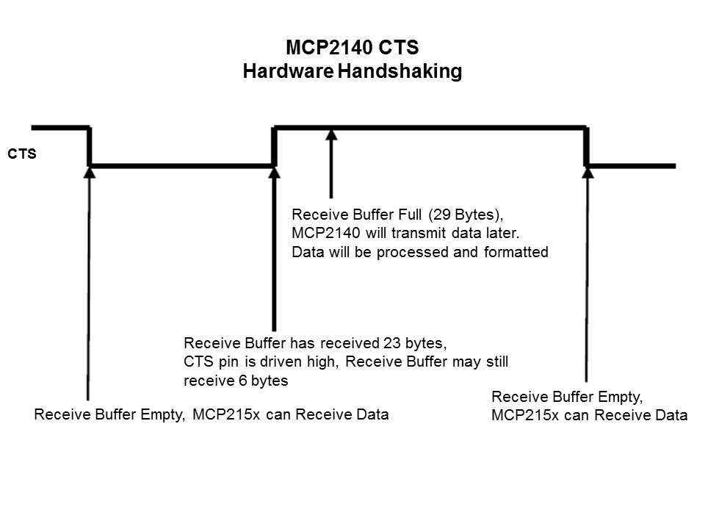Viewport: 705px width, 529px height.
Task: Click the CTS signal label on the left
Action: coord(22,155)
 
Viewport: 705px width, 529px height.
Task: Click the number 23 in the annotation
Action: coord(391,343)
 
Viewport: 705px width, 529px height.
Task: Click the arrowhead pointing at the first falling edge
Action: coord(90,172)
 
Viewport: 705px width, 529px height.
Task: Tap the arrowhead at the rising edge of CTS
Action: coord(275,172)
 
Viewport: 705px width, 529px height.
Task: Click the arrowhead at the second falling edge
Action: coord(587,172)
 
